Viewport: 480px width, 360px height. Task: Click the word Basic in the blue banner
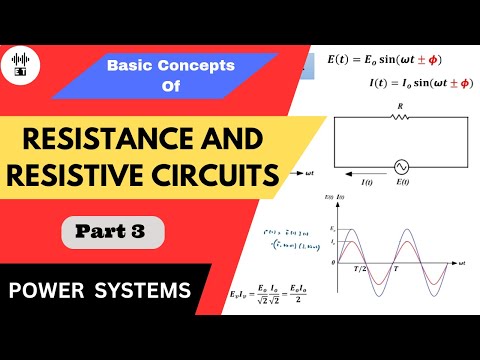point(129,66)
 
